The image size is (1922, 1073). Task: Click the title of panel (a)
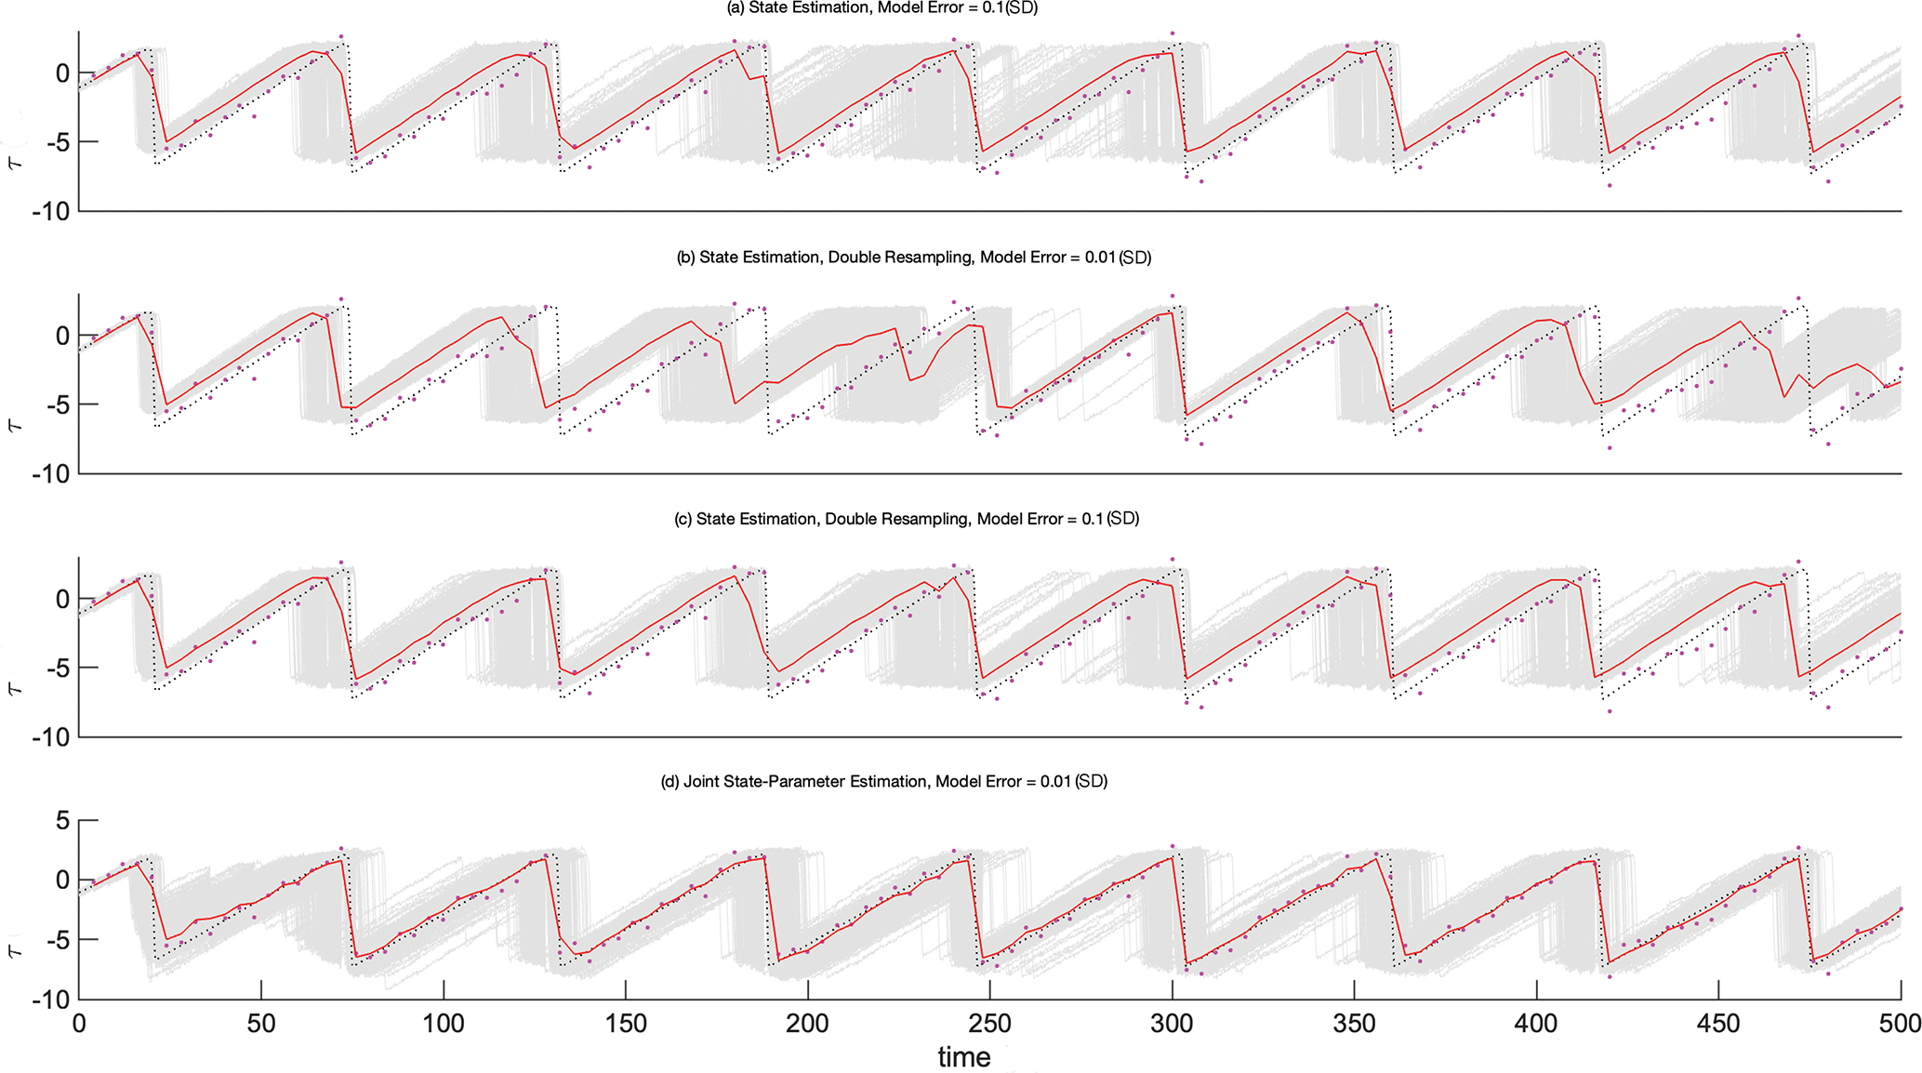881,8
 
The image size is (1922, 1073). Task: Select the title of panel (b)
913,258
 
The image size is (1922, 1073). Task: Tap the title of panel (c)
906,519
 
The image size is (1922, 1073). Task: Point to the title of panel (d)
883,781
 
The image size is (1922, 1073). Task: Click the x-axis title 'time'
963,1057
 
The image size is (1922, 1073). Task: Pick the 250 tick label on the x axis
989,1025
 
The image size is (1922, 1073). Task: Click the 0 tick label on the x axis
79,1025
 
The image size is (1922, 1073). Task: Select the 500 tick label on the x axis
1900,1025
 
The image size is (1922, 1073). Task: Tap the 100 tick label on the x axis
443,1025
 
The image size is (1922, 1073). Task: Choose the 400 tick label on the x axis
1535,1025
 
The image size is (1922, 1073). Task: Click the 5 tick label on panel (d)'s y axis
62,821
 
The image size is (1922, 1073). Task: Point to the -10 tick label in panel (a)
50,212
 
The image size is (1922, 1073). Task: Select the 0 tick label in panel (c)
62,600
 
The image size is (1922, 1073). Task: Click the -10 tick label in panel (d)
50,1000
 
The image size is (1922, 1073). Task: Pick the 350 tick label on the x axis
1353,1025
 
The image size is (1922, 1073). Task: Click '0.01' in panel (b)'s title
1099,258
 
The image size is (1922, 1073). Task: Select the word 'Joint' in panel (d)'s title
703,781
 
